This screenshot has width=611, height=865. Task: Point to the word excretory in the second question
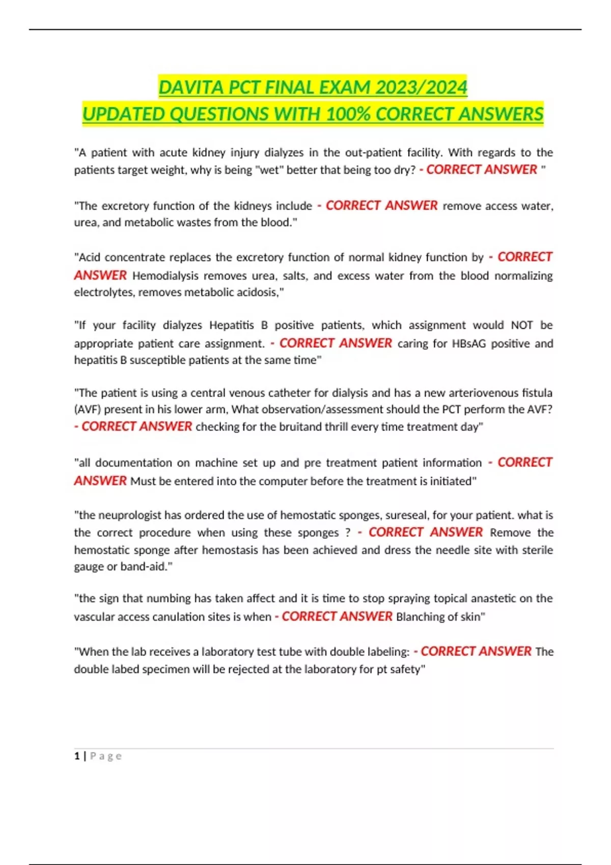[x=125, y=206]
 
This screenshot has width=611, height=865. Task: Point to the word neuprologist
[x=129, y=515]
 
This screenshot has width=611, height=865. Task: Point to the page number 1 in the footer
[x=77, y=756]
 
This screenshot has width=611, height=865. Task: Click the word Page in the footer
[x=106, y=756]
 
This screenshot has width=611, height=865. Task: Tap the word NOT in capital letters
[x=522, y=325]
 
